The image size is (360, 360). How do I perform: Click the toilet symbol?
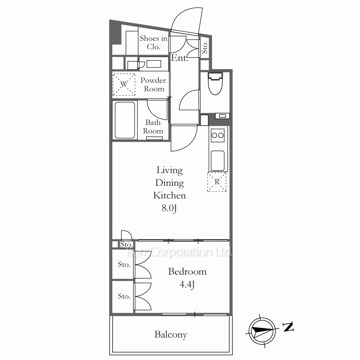coord(215,84)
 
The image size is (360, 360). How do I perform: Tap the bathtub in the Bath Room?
coord(125,120)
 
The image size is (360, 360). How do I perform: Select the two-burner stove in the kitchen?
coord(218,135)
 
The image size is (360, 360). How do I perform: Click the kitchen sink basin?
coord(218,161)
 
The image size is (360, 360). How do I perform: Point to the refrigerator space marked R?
coord(217,182)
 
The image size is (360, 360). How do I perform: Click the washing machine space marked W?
coord(124,84)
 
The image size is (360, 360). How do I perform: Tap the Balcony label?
coord(171,334)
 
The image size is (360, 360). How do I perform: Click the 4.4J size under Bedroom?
coord(187,285)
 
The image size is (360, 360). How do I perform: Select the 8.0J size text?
coord(169,208)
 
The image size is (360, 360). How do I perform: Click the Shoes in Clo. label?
coord(154,42)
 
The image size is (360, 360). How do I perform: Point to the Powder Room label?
coord(153,85)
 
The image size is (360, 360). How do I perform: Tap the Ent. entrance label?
coord(180,58)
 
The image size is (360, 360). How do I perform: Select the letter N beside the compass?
coord(288,327)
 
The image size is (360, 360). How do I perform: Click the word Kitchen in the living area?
coord(170,195)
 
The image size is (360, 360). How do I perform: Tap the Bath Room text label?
coord(153,126)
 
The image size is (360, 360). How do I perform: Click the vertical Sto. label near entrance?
coord(204,47)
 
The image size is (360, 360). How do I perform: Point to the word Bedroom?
coord(187,271)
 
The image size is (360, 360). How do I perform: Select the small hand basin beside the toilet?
coord(222,116)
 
